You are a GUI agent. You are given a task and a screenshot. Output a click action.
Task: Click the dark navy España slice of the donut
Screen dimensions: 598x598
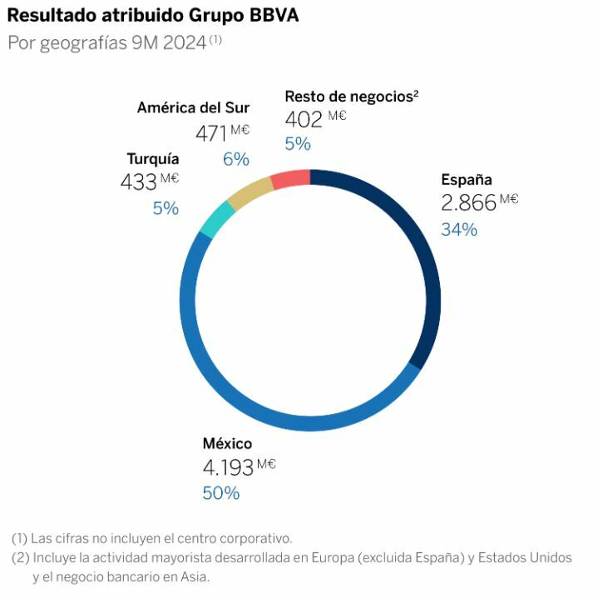pos(421,250)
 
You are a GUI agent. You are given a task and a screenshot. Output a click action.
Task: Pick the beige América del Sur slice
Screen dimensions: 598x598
pos(249,191)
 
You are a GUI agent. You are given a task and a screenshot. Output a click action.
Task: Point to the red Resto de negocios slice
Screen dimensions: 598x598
pos(290,177)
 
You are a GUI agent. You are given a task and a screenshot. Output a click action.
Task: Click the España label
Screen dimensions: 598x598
pos(466,179)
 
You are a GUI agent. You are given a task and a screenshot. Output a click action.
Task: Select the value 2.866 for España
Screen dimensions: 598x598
pos(468,202)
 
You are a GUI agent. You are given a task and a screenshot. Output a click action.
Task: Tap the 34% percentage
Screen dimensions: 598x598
pos(459,229)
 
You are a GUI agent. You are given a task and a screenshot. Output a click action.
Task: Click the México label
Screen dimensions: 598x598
pos(227,443)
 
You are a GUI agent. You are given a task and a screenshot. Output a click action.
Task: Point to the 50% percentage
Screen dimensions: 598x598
pos(220,493)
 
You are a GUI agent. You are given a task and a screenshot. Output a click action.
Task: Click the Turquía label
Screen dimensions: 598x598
pos(152,158)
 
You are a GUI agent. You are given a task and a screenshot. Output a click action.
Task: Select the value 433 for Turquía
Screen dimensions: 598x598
pos(138,182)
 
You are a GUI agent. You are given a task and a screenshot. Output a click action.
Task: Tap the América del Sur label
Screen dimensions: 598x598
pos(193,107)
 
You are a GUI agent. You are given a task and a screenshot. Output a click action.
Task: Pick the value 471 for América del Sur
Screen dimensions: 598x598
pos(211,132)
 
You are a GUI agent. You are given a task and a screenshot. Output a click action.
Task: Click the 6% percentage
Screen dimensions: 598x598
pos(235,158)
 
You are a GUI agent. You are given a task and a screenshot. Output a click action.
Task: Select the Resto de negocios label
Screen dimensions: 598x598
pos(348,96)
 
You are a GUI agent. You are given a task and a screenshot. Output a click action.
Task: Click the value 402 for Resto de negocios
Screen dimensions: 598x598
pos(303,119)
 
